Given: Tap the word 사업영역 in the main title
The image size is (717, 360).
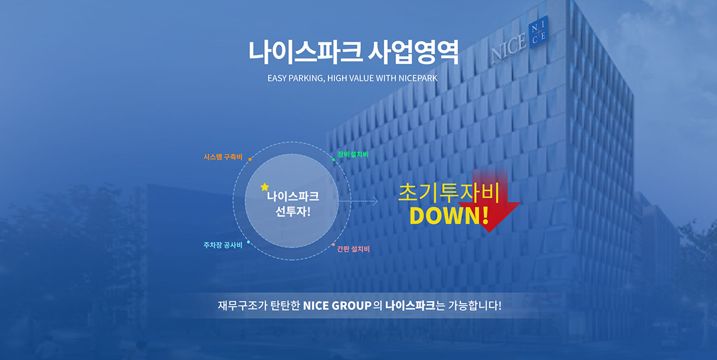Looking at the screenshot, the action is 414,52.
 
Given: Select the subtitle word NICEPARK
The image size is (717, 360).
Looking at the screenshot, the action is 417,78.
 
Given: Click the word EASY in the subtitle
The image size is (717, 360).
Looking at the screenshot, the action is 277,78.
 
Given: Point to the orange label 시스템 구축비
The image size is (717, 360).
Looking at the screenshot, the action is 223,157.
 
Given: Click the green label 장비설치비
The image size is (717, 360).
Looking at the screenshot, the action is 353,155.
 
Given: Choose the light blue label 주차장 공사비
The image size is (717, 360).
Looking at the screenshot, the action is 223,245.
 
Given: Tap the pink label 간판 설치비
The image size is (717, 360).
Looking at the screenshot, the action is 353,249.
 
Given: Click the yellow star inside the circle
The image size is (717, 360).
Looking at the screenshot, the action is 264,187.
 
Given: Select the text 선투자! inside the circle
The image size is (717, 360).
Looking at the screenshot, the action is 293,212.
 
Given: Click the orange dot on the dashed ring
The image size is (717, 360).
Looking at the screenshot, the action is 250,160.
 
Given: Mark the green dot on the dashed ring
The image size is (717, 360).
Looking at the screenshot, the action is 333,160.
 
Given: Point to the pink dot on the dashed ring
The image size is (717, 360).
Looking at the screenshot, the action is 333,245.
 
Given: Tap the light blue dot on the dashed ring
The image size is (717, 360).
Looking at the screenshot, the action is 248,242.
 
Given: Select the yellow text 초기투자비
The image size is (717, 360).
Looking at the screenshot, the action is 449,193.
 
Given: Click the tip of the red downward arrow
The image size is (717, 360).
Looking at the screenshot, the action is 489,232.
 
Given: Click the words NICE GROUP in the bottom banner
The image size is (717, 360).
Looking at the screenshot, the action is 337,305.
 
